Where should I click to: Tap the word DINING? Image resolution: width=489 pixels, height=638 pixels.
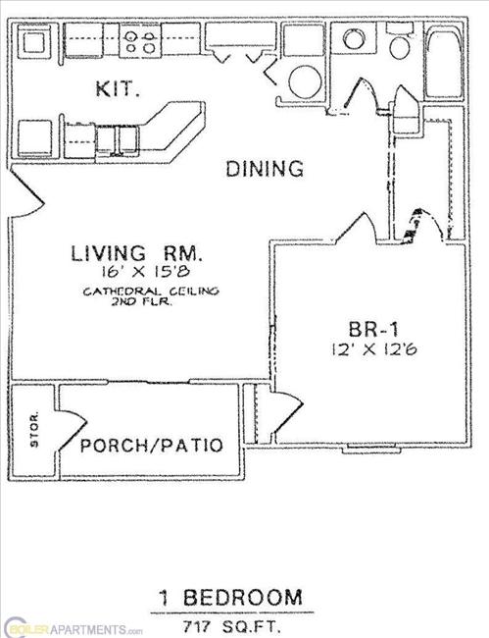(265, 169)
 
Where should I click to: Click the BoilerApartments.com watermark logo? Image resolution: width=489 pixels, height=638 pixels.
(73, 627)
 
